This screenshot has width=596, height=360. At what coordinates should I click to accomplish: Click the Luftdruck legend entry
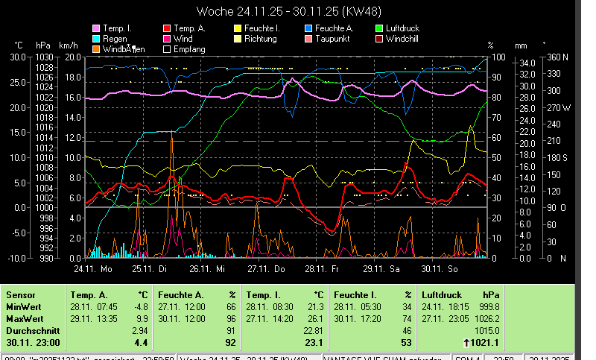pos(403,28)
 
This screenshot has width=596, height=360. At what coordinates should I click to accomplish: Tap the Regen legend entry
pos(115,38)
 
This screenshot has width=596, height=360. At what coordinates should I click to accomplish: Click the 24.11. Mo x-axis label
pos(92,268)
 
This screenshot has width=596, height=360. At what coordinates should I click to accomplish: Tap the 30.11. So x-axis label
pos(440,268)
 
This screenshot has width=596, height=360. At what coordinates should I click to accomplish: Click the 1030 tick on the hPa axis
pos(44,57)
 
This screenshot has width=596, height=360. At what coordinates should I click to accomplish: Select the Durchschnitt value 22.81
pos(314,330)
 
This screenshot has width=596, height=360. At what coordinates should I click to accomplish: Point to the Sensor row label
pos(20,295)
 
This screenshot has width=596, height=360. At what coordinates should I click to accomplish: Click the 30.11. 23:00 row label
pos(33,343)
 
